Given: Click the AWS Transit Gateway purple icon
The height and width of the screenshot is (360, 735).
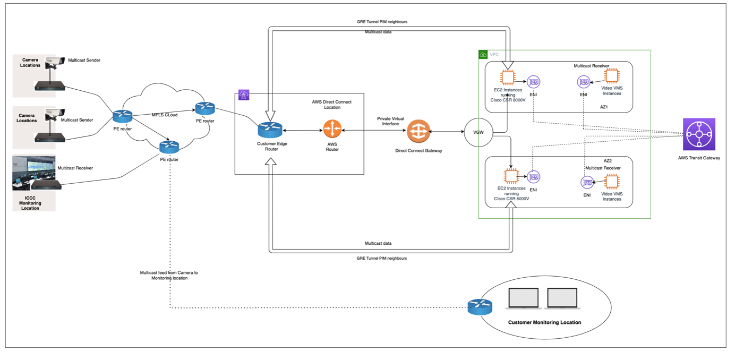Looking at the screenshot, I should coord(698,135).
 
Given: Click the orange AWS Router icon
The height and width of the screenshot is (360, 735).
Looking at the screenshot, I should coord(332,130).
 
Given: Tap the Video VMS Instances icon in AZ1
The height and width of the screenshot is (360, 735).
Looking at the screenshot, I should coord(611,76).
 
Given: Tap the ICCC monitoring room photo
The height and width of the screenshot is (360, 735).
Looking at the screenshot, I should coord(33,173).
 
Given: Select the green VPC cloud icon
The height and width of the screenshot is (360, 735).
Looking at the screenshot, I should coord(484,55).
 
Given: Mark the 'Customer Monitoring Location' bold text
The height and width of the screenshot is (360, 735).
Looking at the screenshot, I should coord(544,322).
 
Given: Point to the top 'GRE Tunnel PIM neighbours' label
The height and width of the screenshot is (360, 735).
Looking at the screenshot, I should coord(382,21).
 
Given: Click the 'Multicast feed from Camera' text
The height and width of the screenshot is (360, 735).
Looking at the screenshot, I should coord(168,275).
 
